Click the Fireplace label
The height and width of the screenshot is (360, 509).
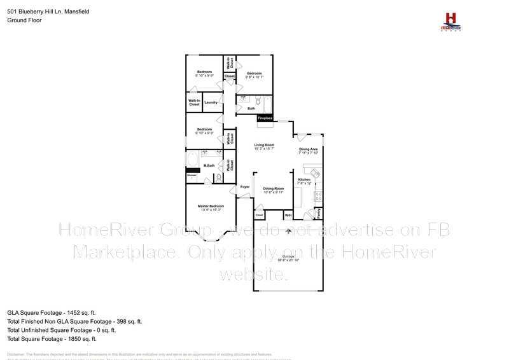point(265,118)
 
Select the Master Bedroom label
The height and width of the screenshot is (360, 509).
point(211,207)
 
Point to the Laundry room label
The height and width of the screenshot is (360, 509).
point(211,102)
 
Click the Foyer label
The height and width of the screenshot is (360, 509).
point(245,187)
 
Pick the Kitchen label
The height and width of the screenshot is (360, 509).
point(304,180)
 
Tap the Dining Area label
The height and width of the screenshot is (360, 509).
point(309,150)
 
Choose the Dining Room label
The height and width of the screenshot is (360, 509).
point(274,189)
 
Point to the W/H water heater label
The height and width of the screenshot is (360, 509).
point(288,216)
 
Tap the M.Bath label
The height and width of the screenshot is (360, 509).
point(208,167)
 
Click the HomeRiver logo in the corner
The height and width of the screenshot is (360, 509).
point(450,21)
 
